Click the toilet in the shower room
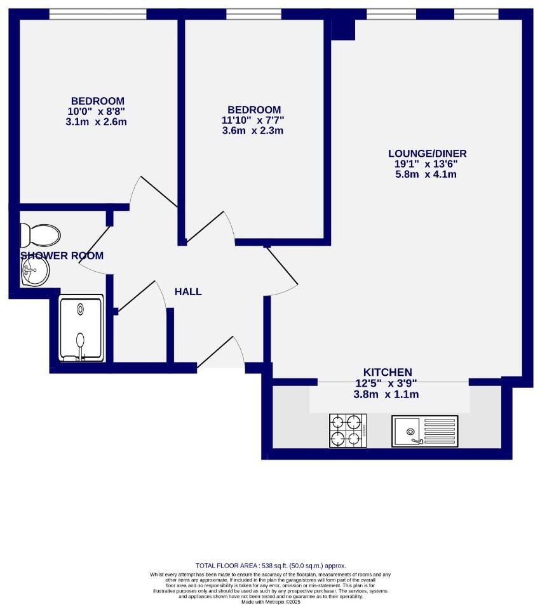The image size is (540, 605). coord(39,235)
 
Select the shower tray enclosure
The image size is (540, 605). coord(81,328)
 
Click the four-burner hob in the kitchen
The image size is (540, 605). coord(348,430)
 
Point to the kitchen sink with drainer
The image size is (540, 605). coord(424,431)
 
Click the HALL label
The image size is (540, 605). coord(188,292)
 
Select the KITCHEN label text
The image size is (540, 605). coord(388,372)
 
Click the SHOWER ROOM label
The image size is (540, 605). coord(62,256)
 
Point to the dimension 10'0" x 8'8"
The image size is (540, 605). coord(97,111)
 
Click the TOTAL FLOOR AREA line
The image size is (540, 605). coord(270,566)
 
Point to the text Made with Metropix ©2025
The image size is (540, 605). coord(270,602)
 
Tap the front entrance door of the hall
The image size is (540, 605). coord(221,356)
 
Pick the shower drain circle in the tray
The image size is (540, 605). coord(81,309)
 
